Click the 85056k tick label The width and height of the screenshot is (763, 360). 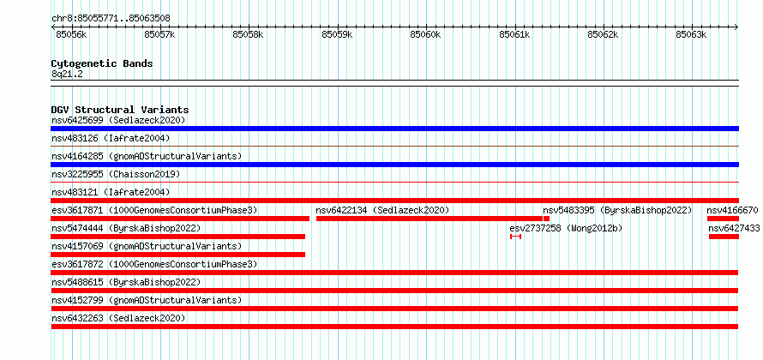(x=71, y=34)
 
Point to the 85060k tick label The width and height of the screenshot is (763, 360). (x=426, y=34)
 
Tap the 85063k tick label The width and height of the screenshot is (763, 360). (x=692, y=34)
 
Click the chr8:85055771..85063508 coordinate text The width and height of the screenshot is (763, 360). (x=111, y=19)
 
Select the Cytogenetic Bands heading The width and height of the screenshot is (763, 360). (x=102, y=63)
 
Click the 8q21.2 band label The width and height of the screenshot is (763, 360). (x=67, y=74)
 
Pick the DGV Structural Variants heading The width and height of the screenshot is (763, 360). (x=120, y=110)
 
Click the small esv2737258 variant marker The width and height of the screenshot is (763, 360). (x=516, y=237)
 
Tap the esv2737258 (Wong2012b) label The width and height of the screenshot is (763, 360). (x=566, y=228)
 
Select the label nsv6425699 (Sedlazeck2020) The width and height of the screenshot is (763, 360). (x=118, y=120)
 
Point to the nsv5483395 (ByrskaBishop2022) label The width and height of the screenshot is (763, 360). (x=617, y=210)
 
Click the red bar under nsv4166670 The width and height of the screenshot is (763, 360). (x=723, y=219)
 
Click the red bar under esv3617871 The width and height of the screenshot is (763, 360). (x=180, y=219)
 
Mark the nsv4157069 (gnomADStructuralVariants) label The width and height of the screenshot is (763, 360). (x=147, y=246)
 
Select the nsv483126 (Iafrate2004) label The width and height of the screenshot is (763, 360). (x=111, y=138)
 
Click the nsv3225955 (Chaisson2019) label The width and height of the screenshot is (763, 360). (x=116, y=174)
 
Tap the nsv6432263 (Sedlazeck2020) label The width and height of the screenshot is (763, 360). (x=118, y=318)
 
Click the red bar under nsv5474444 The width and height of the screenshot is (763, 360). (x=178, y=237)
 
